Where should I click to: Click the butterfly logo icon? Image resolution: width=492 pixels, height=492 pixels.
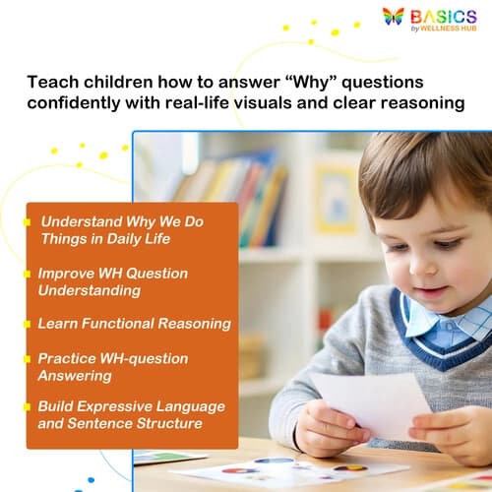(393, 16)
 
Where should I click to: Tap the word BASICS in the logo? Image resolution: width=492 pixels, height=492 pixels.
(443, 15)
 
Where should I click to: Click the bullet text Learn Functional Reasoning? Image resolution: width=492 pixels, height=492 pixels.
(134, 323)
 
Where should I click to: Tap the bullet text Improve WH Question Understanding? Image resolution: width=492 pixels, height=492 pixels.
(112, 280)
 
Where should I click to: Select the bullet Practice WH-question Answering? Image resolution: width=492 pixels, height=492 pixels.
(112, 366)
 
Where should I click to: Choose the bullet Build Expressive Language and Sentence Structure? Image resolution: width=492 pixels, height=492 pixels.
(130, 414)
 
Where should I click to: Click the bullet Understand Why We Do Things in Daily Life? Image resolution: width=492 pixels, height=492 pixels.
(121, 229)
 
